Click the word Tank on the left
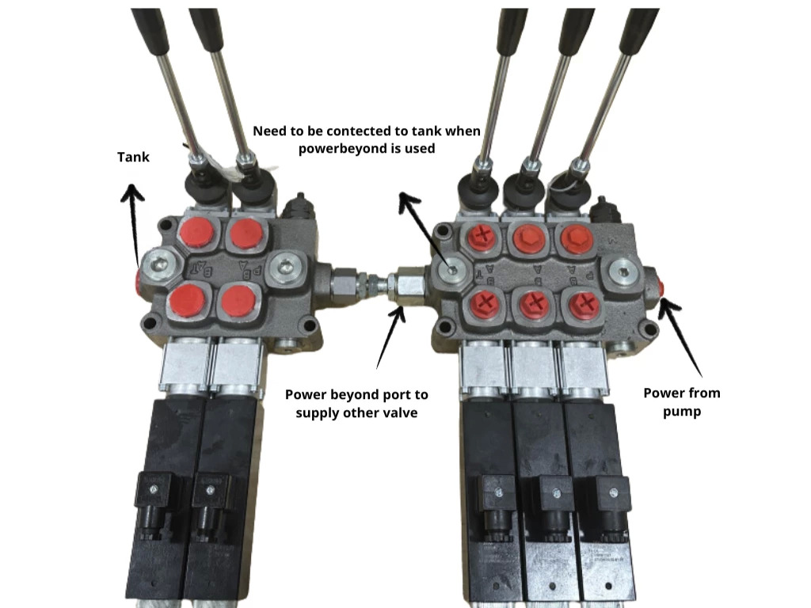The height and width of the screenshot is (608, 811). click(133, 157)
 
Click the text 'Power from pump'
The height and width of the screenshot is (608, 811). click(681, 402)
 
